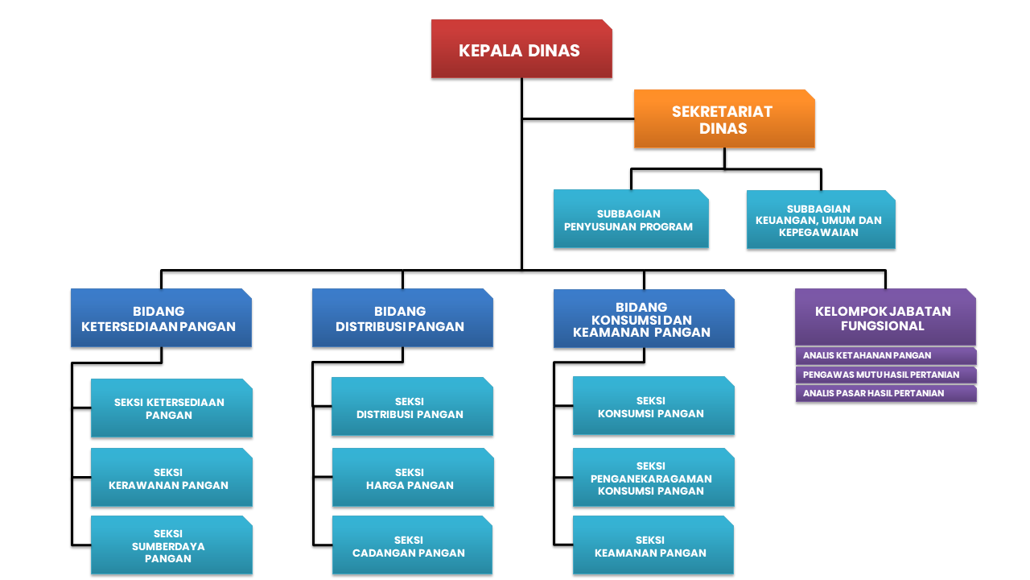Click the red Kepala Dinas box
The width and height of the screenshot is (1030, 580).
[x=521, y=49]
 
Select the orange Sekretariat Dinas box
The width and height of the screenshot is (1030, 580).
[x=723, y=119]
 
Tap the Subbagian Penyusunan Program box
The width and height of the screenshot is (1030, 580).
[x=630, y=219]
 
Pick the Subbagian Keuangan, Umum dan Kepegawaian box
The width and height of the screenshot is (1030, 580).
[x=820, y=220]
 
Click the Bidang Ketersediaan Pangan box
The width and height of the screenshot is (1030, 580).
[x=160, y=318]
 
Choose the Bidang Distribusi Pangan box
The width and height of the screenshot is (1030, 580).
[x=402, y=318]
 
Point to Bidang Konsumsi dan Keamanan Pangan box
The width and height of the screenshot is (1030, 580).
[x=643, y=319]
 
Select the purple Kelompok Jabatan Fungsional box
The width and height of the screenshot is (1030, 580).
[x=884, y=317]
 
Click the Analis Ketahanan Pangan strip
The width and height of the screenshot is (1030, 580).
[x=885, y=355]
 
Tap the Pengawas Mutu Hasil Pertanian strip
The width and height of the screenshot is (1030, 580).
[x=885, y=375]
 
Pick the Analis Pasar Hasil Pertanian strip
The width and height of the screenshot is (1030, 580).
[x=885, y=393]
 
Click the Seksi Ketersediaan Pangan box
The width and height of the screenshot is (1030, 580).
[x=171, y=408]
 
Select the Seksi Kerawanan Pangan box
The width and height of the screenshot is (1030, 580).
[x=171, y=478]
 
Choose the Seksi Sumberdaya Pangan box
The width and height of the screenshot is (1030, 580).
[x=171, y=545]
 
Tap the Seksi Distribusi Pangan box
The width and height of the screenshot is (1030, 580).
[x=411, y=408]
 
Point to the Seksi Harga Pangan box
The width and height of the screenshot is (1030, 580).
[x=411, y=478]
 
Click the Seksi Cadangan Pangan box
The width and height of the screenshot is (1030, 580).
[x=411, y=545]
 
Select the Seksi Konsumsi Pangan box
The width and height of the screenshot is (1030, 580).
[x=653, y=406]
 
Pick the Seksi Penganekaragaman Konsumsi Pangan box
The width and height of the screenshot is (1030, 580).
[x=653, y=478]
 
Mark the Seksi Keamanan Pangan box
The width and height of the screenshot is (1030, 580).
[x=653, y=545]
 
